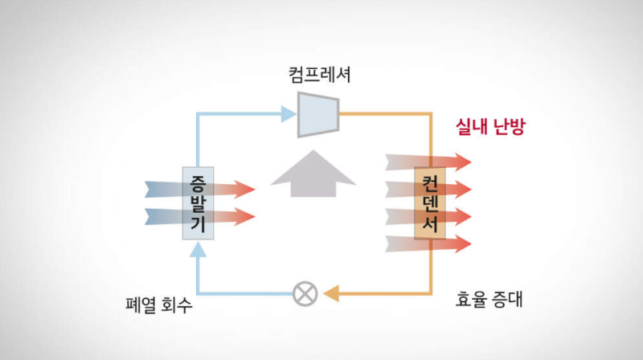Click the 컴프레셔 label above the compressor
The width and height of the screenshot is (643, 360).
click(320, 76)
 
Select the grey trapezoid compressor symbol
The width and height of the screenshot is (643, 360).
click(318, 114)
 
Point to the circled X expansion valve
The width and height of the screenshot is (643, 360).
click(304, 292)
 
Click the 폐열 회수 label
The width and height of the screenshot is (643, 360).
click(159, 306)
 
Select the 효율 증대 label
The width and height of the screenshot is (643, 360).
click(489, 302)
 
